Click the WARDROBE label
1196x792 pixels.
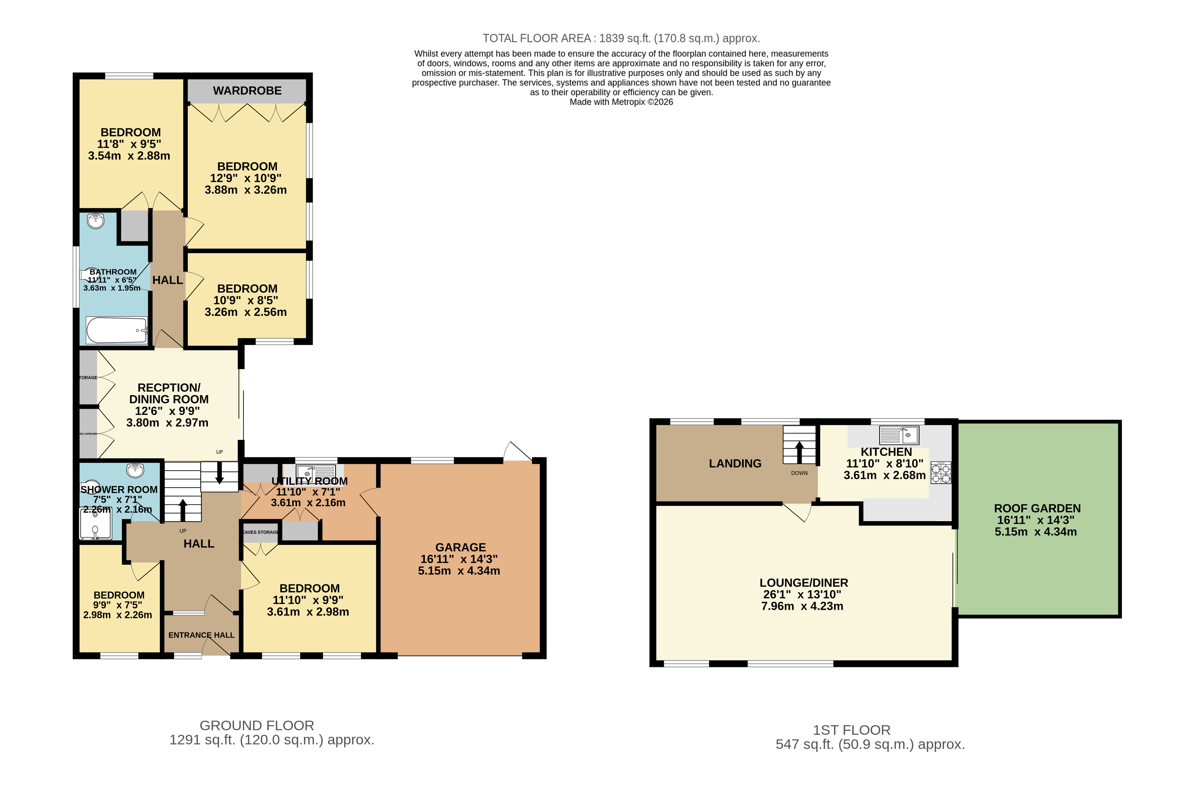(x=247, y=90)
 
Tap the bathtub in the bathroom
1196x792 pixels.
(x=116, y=330)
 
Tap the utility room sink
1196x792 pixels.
(x=316, y=472)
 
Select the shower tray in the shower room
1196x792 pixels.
(x=96, y=524)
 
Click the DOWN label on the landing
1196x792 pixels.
(x=799, y=473)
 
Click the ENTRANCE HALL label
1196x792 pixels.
(x=201, y=635)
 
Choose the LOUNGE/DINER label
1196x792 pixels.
(x=803, y=582)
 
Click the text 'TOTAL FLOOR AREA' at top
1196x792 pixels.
(x=536, y=38)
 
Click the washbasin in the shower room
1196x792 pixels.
(x=135, y=471)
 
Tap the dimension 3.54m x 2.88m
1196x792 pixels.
(x=129, y=156)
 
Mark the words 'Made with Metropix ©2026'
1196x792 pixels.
(x=621, y=102)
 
